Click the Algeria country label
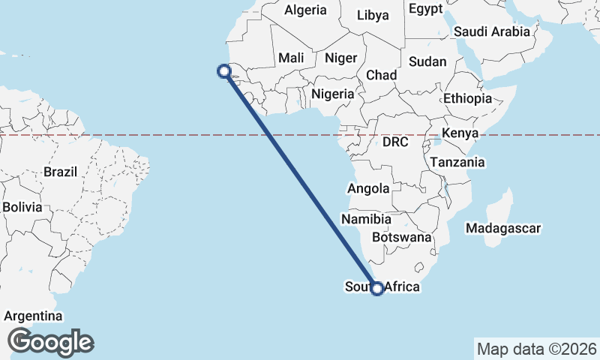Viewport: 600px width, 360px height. click(306, 10)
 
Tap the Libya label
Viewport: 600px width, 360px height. click(373, 15)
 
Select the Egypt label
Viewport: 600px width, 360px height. click(427, 9)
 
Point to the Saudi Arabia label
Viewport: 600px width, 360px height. click(492, 31)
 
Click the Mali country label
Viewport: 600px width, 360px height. click(290, 58)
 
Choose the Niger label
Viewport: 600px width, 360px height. click(340, 58)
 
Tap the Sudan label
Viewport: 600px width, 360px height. click(427, 62)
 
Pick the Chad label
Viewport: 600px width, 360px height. click(381, 75)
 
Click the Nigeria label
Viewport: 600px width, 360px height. click(332, 94)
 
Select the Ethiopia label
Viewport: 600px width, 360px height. click(467, 98)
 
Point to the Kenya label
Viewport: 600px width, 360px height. click(460, 133)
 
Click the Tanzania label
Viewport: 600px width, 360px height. click(457, 162)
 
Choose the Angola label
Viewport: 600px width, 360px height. click(368, 189)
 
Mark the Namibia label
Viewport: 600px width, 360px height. click(366, 220)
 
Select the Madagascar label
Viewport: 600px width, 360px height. click(502, 228)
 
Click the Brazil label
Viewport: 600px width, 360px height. click(61, 172)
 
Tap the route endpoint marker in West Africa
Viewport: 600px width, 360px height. click(223, 71)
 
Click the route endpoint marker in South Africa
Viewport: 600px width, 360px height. click(377, 288)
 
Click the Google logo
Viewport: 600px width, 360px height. click(50, 342)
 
